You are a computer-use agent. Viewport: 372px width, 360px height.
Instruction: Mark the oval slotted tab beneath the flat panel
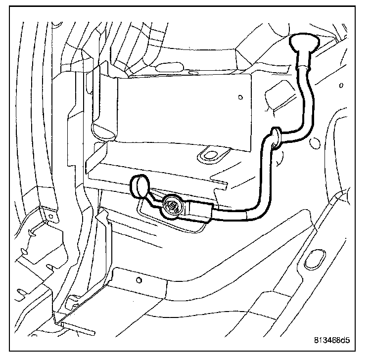tap(210, 155)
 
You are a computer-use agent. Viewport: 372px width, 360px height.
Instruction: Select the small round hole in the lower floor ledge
tap(139, 281)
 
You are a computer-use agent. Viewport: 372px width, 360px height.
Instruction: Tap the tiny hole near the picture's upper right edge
tap(341, 85)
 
